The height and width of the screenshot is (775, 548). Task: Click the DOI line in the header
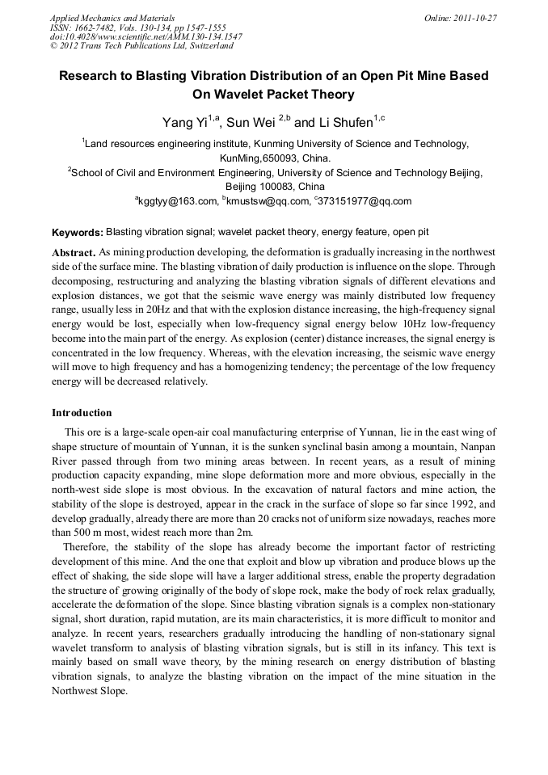tap(145, 36)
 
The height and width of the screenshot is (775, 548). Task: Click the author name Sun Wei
tap(250, 123)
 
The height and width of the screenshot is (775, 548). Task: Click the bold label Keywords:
tap(77, 232)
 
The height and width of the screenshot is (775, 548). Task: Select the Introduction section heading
tap(82, 413)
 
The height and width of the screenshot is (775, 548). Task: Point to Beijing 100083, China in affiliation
tap(274, 187)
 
